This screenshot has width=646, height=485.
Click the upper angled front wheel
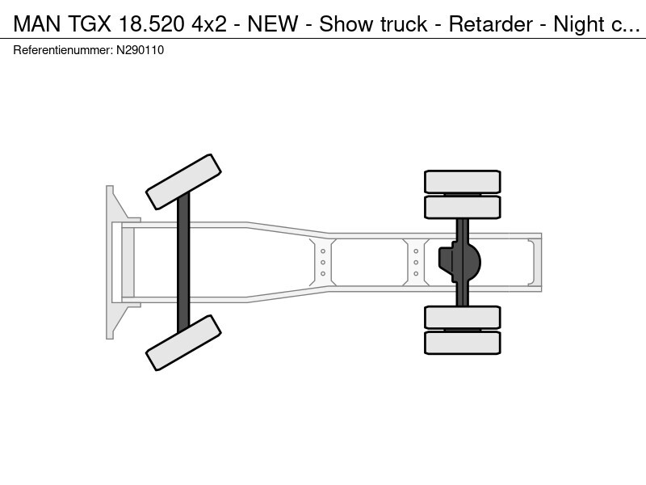tap(184, 182)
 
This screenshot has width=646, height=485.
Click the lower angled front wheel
tap(184, 343)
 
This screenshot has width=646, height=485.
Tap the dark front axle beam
tap(183, 262)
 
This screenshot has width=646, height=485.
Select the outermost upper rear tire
tap(463, 181)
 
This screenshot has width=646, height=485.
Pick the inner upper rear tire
tap(463, 207)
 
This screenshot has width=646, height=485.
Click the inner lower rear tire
tap(463, 318)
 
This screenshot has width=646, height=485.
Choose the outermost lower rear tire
tap(463, 343)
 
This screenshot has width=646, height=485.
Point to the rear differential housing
tap(459, 262)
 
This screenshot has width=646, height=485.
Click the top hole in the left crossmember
tap(323, 251)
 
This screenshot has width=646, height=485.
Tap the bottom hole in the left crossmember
tap(323, 273)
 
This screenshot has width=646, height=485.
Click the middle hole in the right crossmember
tap(416, 262)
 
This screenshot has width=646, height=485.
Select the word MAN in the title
tap(37, 24)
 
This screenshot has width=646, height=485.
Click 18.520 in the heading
tap(151, 24)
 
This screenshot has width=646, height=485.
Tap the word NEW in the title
tap(273, 24)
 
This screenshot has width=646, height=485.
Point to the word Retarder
tap(491, 24)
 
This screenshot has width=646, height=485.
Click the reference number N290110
tap(140, 50)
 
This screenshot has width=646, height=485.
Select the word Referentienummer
tap(63, 50)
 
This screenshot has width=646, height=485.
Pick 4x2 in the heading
tap(209, 24)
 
